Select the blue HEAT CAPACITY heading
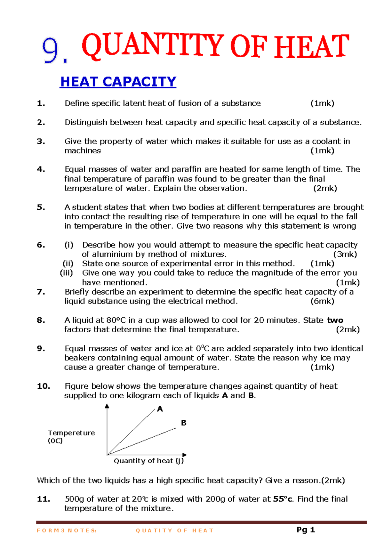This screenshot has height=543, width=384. [x=118, y=82]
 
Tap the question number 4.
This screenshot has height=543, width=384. [x=41, y=169]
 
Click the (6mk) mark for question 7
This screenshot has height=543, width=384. [x=322, y=301]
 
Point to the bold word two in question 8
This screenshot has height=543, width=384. [x=335, y=320]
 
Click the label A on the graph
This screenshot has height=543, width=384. [x=160, y=409]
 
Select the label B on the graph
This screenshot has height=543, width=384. [x=183, y=423]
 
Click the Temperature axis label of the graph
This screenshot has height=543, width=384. [x=71, y=433]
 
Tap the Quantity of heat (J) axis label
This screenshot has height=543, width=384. [x=149, y=461]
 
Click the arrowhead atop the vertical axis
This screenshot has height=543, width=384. [x=107, y=406]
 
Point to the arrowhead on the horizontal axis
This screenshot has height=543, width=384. [x=184, y=455]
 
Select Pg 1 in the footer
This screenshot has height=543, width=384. [x=306, y=530]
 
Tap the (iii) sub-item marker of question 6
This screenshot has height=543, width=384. [x=67, y=273]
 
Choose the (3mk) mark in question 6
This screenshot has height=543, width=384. [x=345, y=254]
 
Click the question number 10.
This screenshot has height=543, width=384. [x=44, y=386]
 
